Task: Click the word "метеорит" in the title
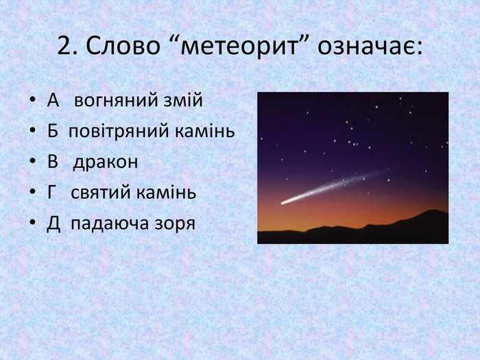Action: pos(239,46)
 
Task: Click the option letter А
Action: pos(53,100)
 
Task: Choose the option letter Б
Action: pos(53,131)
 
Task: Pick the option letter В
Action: pos(53,161)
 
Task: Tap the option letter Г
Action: pos(52,192)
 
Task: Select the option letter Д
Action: pos(53,224)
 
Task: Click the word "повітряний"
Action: pos(119,132)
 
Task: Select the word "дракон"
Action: pos(106,162)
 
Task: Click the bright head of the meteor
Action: pos(284,202)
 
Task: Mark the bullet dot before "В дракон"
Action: pos(33,162)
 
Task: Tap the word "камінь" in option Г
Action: pos(166,192)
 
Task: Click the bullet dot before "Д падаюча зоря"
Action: pos(33,223)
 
